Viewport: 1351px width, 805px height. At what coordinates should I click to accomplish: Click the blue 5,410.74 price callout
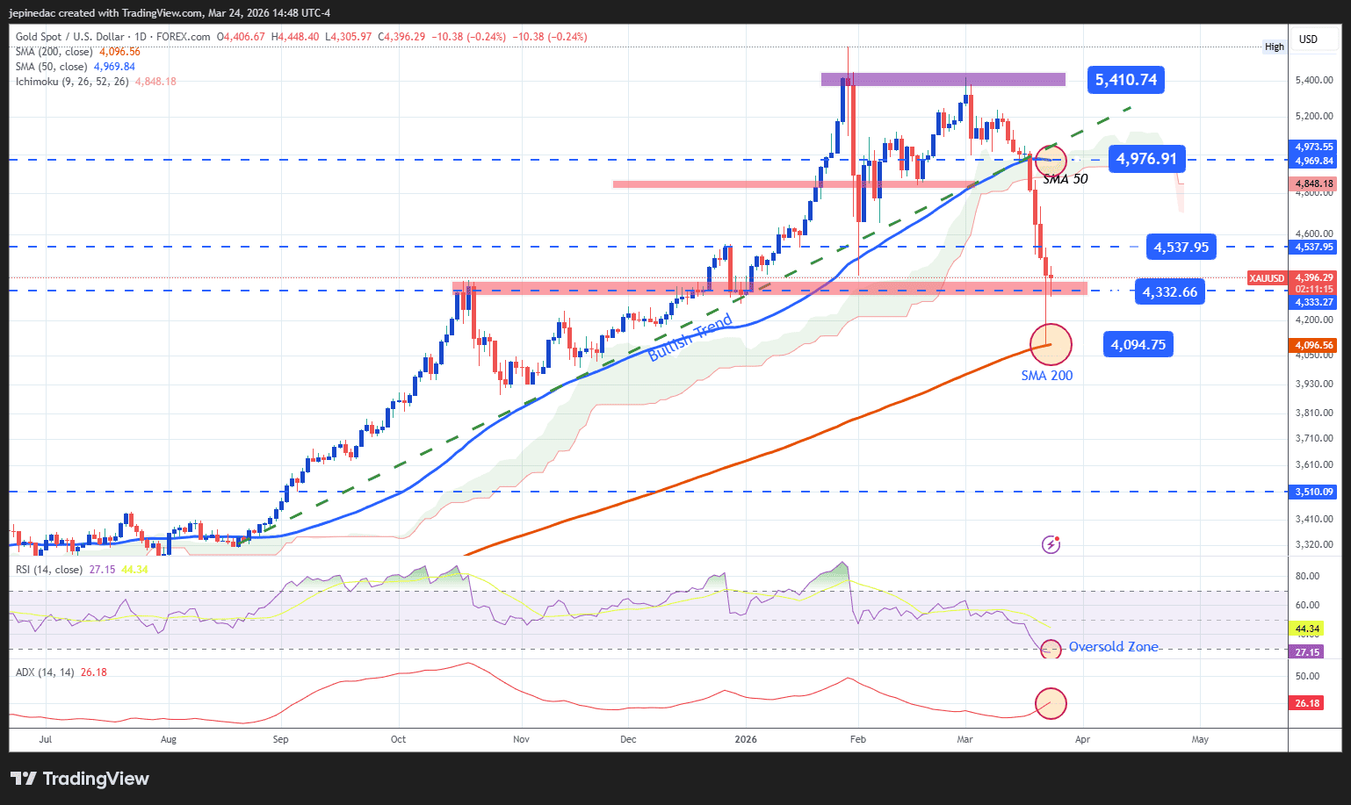[x=1125, y=80]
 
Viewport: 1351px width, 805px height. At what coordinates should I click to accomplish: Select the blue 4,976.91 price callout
[x=1146, y=159]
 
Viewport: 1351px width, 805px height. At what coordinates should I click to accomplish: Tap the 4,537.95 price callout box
[x=1181, y=248]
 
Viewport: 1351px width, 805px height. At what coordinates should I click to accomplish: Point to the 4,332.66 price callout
[x=1169, y=292]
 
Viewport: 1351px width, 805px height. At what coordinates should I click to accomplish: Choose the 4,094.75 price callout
[x=1138, y=345]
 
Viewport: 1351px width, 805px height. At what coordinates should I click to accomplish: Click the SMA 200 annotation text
[x=1046, y=376]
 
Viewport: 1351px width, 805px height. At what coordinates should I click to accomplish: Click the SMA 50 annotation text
[x=1065, y=179]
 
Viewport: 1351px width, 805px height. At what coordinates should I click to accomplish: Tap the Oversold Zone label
[x=1113, y=647]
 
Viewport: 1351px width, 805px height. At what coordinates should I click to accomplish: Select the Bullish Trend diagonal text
[x=690, y=338]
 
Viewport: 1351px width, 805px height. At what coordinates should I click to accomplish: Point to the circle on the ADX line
[x=1051, y=702]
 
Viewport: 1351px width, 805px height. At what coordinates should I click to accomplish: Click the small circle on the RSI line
[x=1051, y=650]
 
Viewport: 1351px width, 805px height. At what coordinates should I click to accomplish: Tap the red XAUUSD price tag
[x=1266, y=278]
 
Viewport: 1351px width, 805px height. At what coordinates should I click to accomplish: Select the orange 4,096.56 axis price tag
[x=1313, y=346]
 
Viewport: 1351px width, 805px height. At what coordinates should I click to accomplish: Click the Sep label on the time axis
[x=280, y=739]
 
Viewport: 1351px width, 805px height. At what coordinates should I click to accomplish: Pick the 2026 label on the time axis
[x=745, y=739]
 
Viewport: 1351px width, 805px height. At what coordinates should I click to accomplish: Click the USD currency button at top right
[x=1308, y=39]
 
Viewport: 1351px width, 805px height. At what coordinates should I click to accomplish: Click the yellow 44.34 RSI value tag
[x=1307, y=629]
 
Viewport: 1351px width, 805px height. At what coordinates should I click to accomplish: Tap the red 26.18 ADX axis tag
[x=1307, y=703]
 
